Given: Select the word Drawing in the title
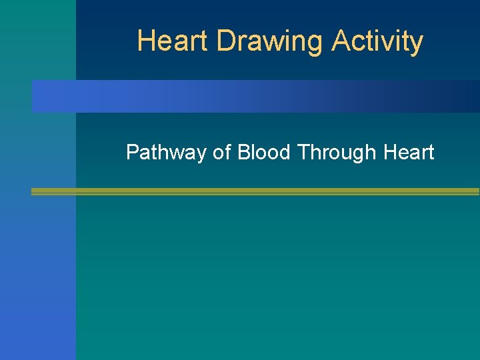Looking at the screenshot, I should click(271, 42).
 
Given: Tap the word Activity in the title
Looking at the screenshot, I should click(377, 42).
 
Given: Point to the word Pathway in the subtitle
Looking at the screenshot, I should click(166, 153).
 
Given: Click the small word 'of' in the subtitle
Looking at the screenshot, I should click(221, 153).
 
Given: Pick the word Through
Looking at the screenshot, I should click(338, 153).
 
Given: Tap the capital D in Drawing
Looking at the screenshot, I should click(225, 41).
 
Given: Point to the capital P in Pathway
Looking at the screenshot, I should click(132, 153).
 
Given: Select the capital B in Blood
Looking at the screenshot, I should click(243, 153).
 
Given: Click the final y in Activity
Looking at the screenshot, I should click(417, 44).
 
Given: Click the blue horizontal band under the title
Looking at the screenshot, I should click(253, 97).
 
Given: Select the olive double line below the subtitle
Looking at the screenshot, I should click(253, 191).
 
